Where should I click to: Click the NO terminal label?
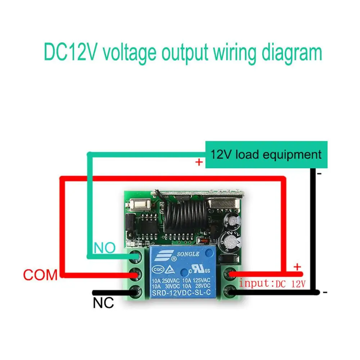[x=105, y=248]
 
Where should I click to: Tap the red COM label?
[x=40, y=275]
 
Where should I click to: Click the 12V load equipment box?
[x=266, y=155]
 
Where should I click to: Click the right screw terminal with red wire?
[x=229, y=275]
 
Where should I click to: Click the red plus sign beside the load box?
[x=199, y=163]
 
